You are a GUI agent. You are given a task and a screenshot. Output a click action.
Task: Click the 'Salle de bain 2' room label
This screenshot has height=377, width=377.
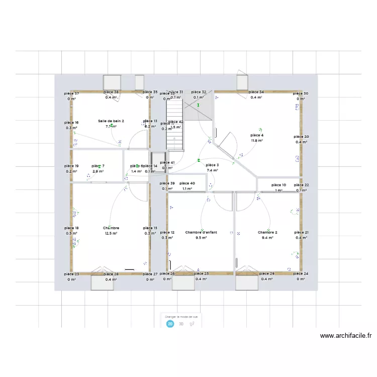[x=111, y=121]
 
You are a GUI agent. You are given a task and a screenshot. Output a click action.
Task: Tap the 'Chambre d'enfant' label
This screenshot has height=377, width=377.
[x=201, y=232]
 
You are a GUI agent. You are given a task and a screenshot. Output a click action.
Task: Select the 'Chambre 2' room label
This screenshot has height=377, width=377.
[x=267, y=232]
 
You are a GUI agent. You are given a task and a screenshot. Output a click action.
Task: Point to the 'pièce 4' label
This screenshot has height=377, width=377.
[x=257, y=135]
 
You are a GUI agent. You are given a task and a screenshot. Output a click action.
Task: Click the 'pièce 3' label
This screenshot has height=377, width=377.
[x=212, y=165]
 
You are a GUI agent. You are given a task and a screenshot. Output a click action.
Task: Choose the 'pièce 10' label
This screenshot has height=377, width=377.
[x=279, y=185]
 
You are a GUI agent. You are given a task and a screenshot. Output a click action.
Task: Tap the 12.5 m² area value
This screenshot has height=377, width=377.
[x=111, y=233]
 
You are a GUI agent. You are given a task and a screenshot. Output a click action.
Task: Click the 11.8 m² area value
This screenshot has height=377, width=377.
[x=257, y=141]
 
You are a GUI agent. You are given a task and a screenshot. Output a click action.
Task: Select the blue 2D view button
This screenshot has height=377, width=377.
[x=170, y=324]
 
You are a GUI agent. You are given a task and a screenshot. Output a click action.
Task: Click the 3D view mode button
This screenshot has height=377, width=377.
[x=181, y=324]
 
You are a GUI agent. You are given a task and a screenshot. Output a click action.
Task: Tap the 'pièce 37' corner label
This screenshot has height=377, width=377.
[x=71, y=93]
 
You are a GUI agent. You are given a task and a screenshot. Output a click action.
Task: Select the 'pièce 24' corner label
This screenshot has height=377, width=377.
[x=302, y=274]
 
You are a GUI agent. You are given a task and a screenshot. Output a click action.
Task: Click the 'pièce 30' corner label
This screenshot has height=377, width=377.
[x=301, y=93]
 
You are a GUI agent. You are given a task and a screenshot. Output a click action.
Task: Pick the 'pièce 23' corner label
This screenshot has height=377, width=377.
[x=71, y=274]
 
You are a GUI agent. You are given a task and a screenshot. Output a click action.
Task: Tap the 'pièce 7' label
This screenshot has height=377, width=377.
[x=98, y=166]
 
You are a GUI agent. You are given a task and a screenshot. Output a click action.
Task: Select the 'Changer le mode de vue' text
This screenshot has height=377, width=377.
[x=181, y=317]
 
